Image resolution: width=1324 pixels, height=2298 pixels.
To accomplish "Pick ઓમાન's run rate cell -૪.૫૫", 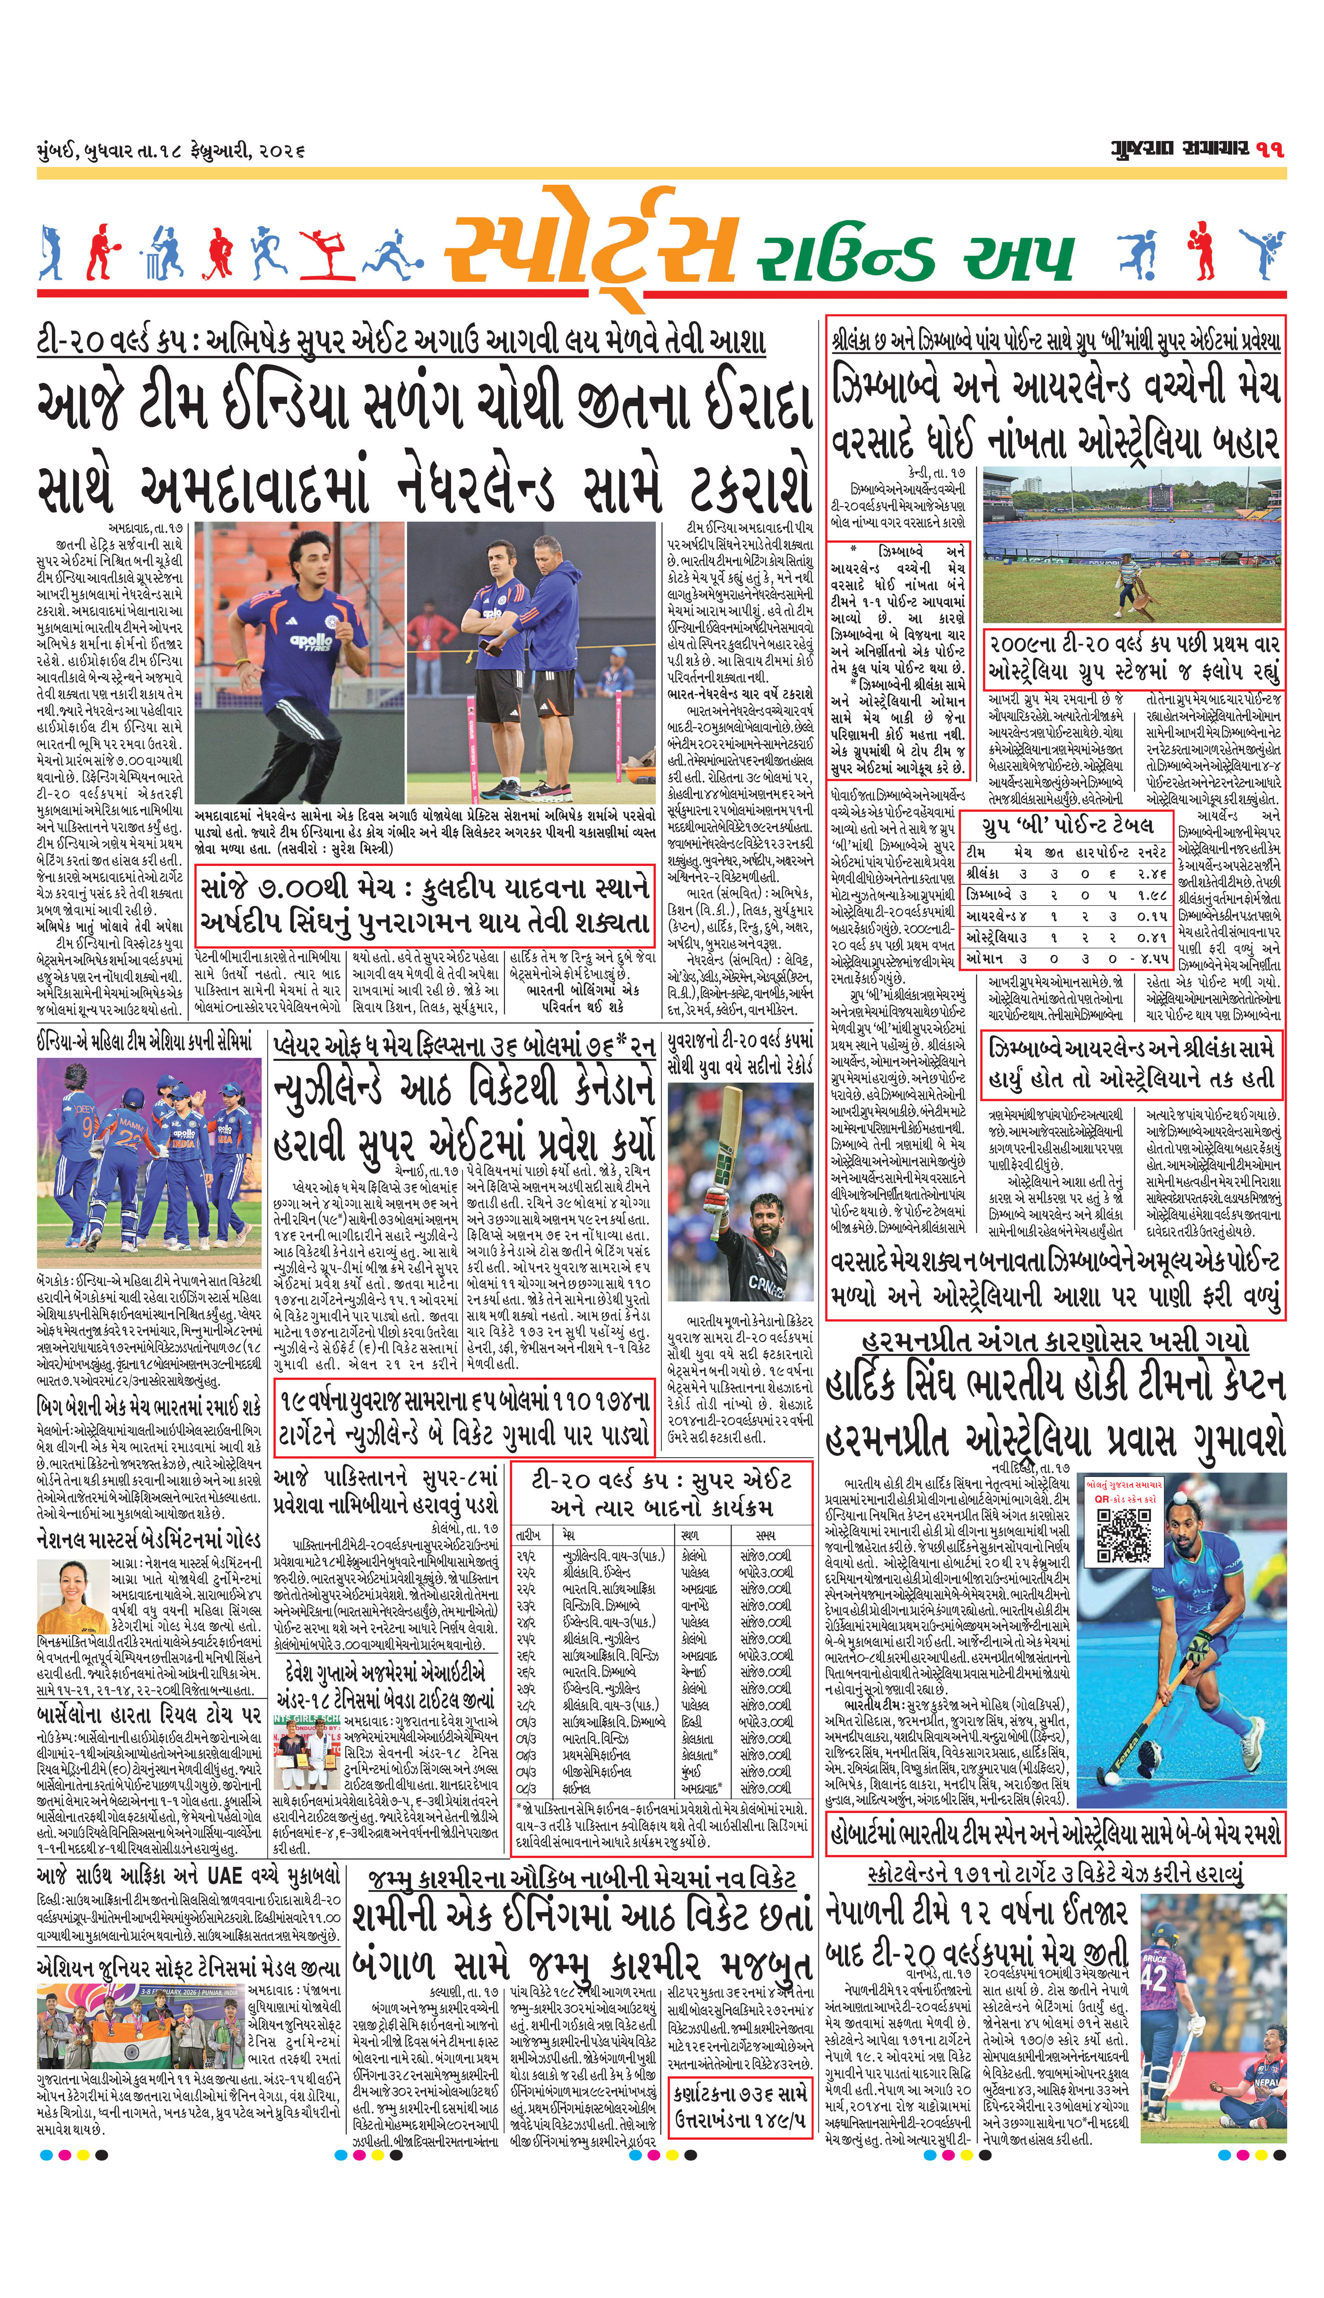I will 1148,959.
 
